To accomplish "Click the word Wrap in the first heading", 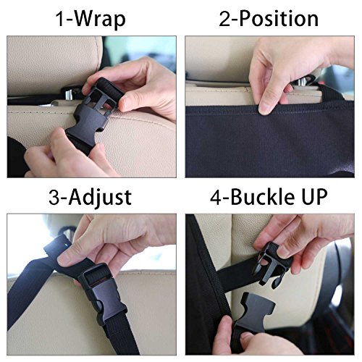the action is tap(101, 20).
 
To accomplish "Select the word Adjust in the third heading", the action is tap(100, 198).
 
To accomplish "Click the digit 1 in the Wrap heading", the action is tap(60, 20).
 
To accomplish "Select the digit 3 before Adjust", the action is tap(54, 197).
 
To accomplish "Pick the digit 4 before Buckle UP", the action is tap(216, 197).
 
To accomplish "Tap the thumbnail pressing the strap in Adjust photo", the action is tap(63, 260).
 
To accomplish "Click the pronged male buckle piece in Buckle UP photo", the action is tap(270, 266).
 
